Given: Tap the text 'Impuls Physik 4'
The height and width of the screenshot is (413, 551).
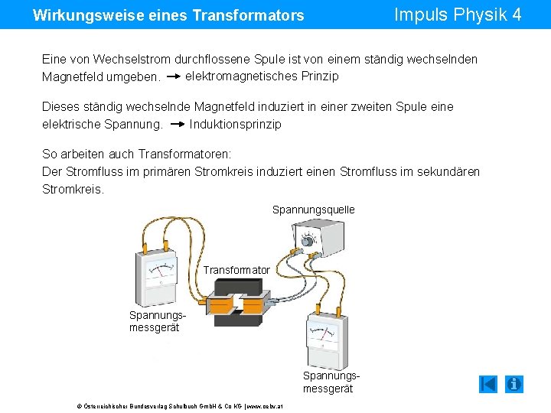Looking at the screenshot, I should [457, 15].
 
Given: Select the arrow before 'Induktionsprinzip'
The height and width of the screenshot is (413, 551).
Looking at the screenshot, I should [177, 124].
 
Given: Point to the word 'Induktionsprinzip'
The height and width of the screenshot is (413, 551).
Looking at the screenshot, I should [235, 124].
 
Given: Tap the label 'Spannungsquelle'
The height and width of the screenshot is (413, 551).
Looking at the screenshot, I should [313, 210].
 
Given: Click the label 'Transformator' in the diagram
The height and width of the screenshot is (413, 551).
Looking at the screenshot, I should [236, 270].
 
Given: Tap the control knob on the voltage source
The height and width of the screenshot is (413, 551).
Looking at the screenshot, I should [308, 241].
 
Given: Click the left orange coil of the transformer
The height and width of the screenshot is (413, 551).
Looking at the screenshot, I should [223, 304].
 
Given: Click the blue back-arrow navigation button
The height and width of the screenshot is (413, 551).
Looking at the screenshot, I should [488, 384].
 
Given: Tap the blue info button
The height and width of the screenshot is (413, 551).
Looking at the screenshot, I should [514, 384].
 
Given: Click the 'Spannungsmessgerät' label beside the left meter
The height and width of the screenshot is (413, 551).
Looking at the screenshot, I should [154, 321].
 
